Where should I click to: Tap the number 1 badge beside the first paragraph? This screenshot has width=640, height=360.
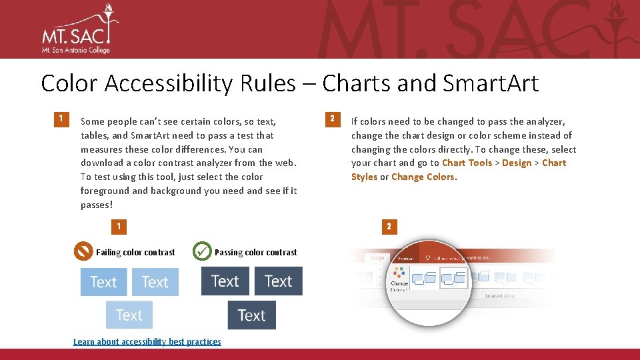(61, 119)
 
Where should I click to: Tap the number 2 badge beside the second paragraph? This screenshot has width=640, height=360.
(331, 119)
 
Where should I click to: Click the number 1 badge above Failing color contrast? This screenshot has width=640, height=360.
(119, 227)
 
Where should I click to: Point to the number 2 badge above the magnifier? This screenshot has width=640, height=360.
(389, 227)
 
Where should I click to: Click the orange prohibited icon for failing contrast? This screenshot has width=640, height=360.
(83, 251)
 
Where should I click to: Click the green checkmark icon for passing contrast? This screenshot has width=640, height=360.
(202, 251)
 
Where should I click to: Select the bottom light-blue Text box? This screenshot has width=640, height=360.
(129, 315)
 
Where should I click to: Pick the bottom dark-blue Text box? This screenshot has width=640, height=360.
(251, 315)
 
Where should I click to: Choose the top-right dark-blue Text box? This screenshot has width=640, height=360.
(278, 281)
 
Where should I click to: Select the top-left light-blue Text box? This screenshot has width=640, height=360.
(103, 281)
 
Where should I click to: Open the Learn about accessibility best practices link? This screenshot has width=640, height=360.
(147, 341)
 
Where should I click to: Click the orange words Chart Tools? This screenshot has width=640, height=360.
(467, 163)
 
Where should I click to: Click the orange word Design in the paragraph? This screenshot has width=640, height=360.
(517, 163)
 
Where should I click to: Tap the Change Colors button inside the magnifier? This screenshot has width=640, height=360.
(400, 279)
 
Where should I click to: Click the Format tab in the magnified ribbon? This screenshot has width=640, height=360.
(405, 258)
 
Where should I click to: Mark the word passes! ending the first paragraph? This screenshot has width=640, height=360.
(97, 205)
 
